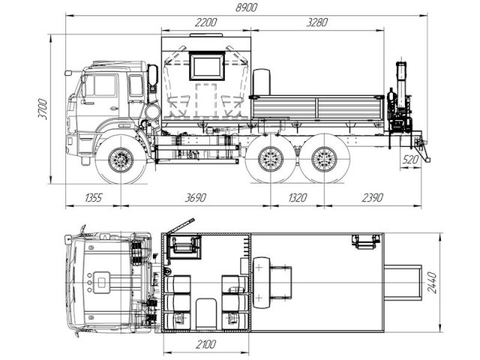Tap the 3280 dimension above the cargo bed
tap(317, 23)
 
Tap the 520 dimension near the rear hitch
tap(410, 160)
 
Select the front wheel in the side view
tap(120, 160)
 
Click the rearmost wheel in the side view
tap(324, 160)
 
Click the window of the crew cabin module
tap(206, 66)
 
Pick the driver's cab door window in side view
tap(103, 85)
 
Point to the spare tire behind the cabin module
tap(262, 82)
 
